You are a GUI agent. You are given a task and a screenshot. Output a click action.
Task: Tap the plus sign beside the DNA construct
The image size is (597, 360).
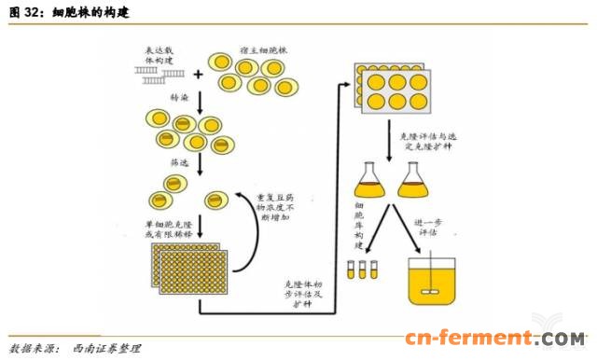coord(199,73)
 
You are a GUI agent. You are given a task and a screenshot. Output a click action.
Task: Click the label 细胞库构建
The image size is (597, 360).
coord(360,224)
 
